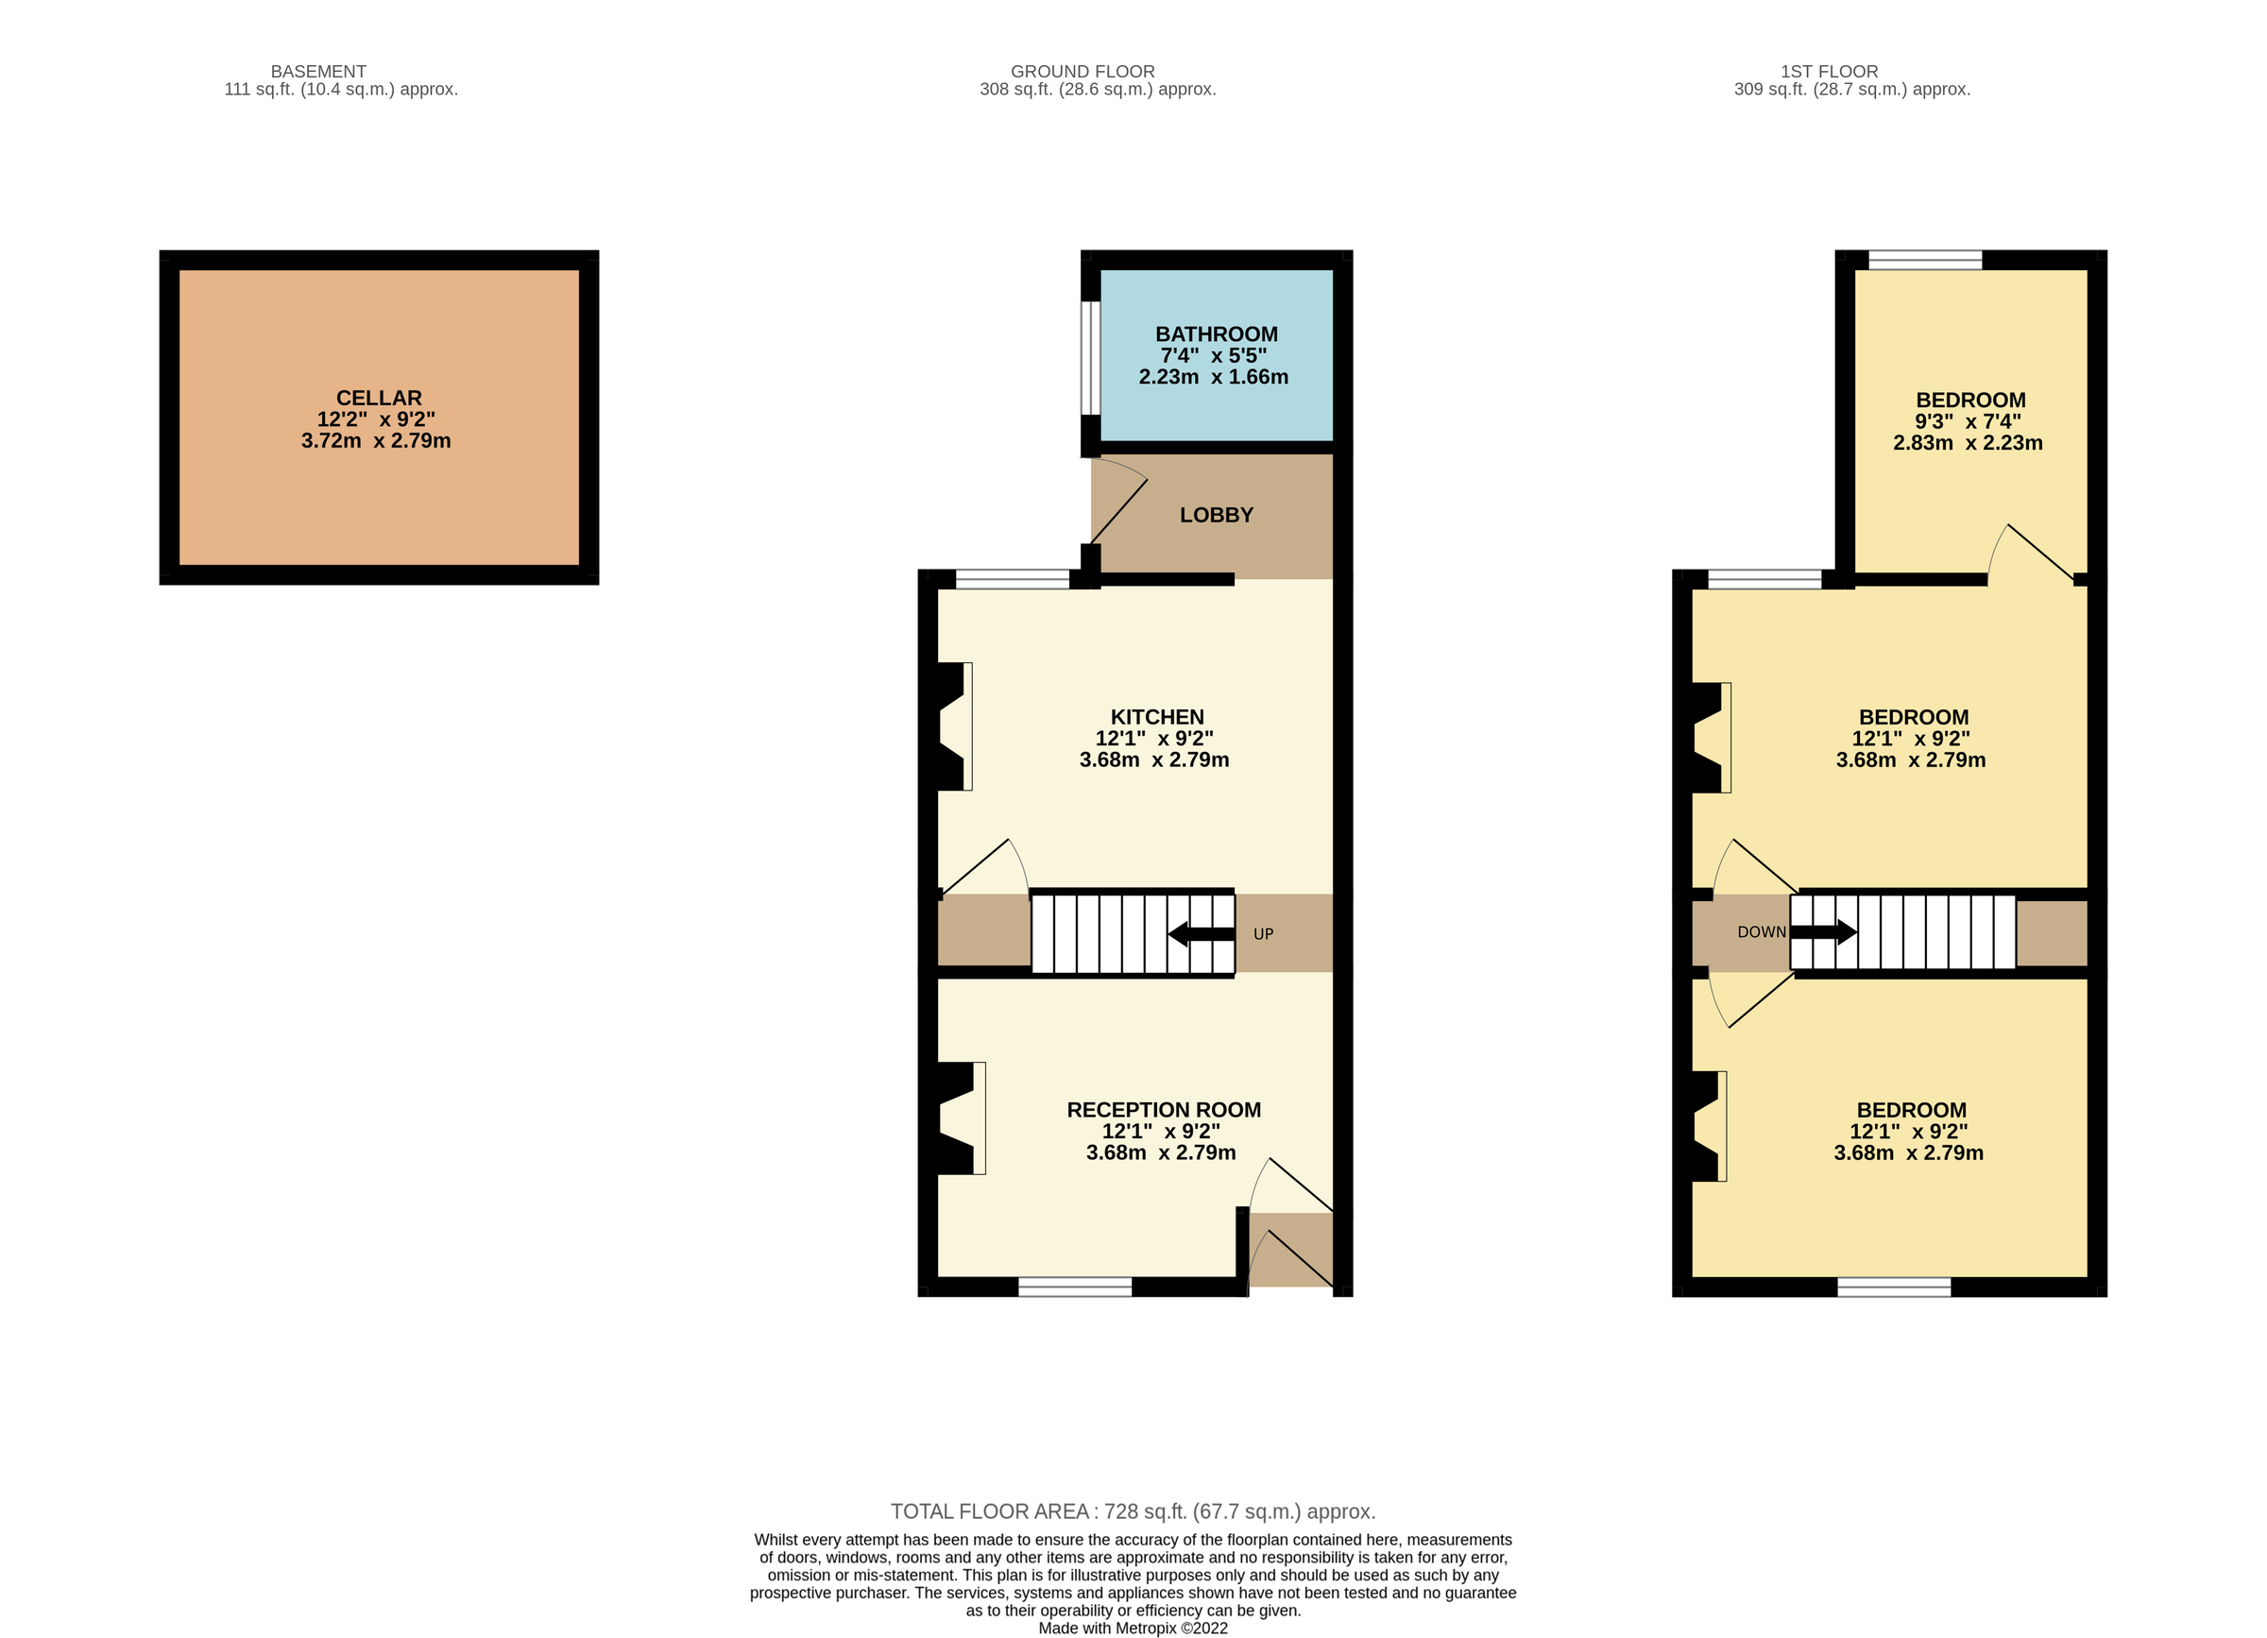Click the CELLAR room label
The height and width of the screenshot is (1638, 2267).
378,398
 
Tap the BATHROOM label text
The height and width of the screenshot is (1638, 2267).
1216,333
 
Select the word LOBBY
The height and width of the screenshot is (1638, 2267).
1216,515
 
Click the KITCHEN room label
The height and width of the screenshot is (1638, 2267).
1156,717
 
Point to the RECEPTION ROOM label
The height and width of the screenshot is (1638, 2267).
1163,1109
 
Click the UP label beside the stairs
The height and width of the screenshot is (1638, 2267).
1263,933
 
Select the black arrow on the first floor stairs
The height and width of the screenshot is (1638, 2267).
1822,932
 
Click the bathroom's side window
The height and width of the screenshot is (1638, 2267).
1089,358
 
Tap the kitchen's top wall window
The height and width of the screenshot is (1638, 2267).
1012,579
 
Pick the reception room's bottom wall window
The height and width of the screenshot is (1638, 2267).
1075,1288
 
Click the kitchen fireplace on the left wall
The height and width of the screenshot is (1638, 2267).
950,726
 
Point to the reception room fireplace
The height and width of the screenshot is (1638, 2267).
957,1118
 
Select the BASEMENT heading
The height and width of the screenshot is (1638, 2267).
318,71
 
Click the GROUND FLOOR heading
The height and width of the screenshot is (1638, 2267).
1082,71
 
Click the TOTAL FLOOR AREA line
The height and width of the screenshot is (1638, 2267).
1133,1511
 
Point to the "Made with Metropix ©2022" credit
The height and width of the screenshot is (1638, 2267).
1133,1628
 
